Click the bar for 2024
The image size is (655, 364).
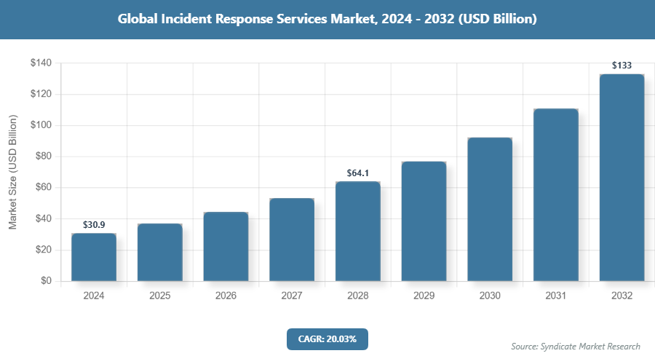94,257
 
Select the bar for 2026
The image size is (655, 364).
226,246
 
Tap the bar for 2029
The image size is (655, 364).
424,221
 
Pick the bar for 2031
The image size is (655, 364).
556,195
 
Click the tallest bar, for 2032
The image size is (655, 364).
622,178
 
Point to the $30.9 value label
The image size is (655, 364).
94,225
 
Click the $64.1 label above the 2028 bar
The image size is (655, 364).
358,173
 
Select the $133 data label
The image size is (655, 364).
622,66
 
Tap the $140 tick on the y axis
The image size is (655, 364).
41,63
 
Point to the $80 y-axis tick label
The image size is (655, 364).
44,157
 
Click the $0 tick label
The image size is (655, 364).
46,281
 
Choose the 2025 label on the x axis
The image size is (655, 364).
160,296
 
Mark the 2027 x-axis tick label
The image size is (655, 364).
292,296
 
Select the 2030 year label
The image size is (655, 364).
490,296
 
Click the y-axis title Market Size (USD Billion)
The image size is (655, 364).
12,172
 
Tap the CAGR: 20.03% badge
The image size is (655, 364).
327,339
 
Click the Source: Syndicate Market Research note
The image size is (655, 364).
576,347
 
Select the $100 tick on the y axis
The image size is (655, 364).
41,125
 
